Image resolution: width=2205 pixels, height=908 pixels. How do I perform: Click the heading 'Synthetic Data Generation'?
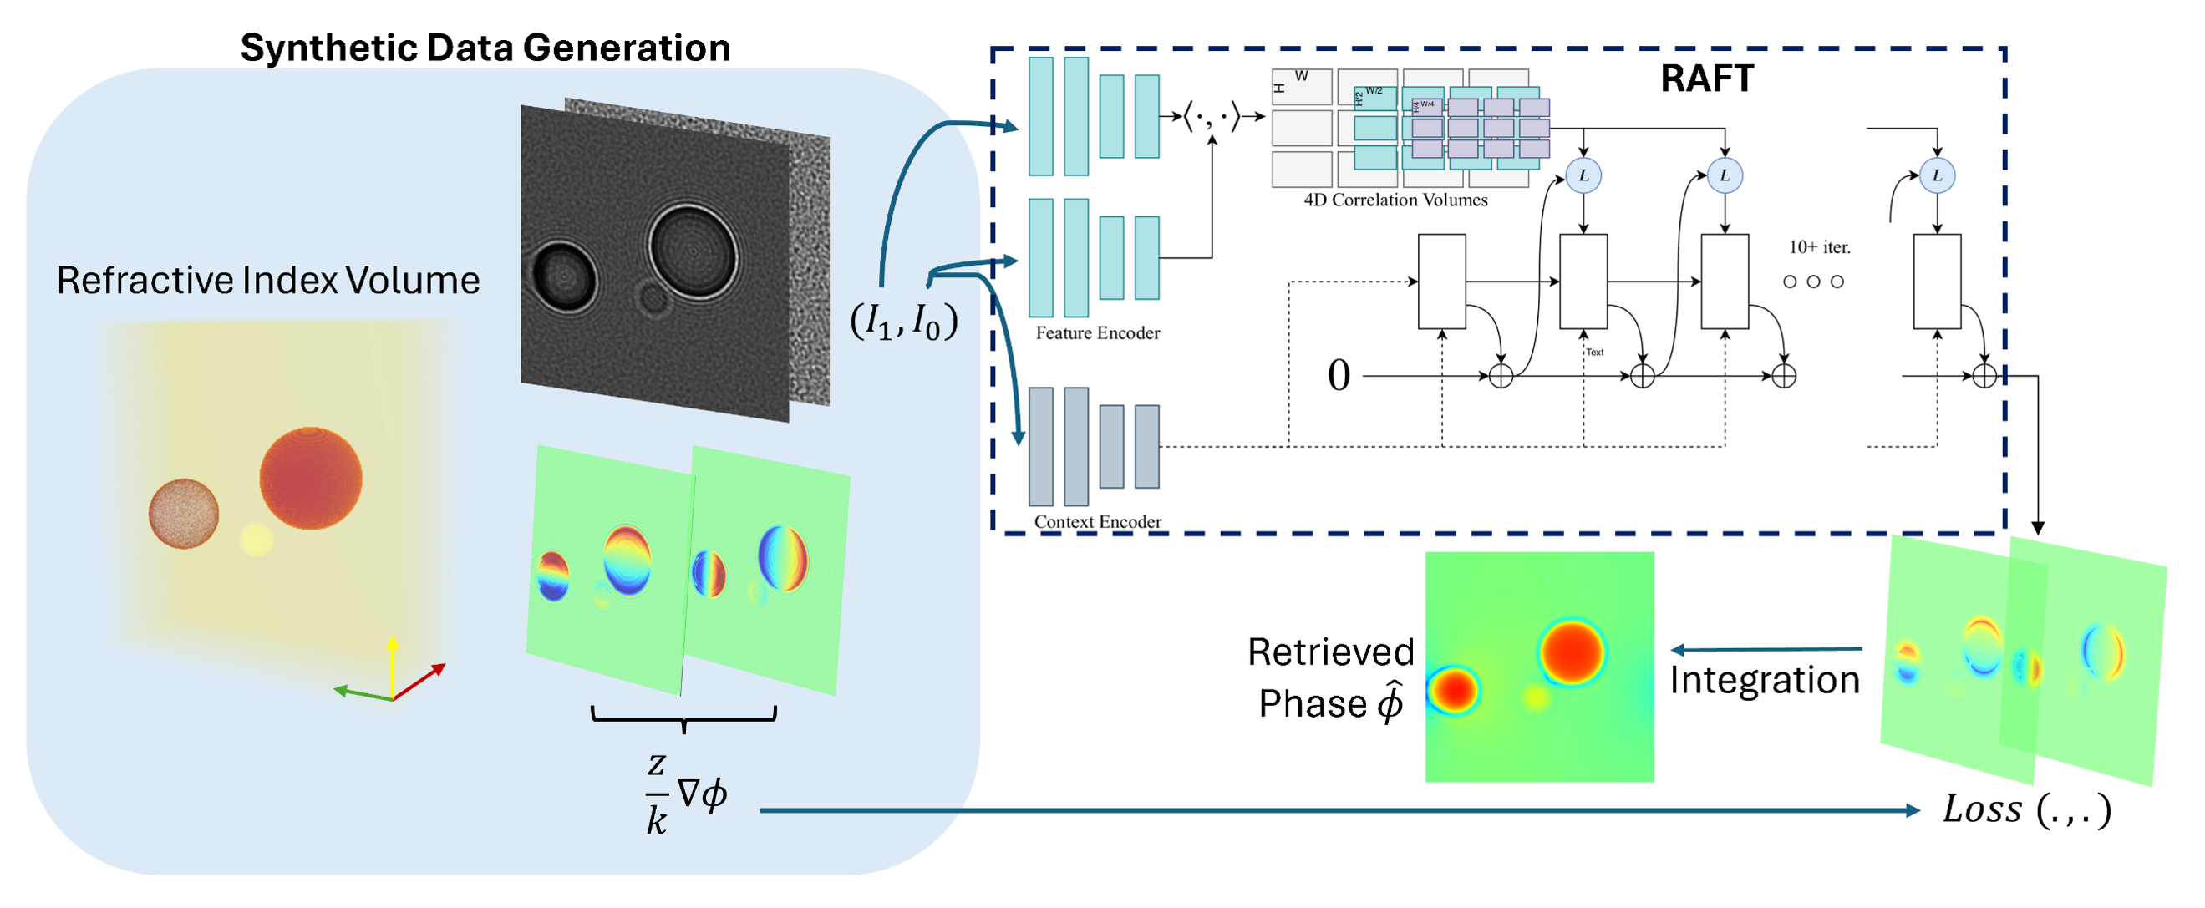pos(485,48)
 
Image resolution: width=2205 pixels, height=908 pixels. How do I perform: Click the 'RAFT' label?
pos(1707,79)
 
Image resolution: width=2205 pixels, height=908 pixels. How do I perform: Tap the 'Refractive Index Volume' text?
pos(268,281)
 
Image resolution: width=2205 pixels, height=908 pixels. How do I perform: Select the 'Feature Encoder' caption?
pos(1097,333)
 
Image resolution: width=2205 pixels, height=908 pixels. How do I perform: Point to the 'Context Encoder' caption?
pos(1097,522)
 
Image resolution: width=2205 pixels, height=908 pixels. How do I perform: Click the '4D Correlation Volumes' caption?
pos(1395,200)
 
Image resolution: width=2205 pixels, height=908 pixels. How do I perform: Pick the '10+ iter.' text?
pos(1819,247)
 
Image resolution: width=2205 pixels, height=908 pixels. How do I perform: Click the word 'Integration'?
pos(1764,680)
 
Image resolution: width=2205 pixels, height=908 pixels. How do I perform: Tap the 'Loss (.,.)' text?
pos(2026,809)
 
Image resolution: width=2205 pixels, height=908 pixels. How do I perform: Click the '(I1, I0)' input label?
pos(903,322)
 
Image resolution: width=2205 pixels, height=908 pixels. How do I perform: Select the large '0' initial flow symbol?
pos(1339,376)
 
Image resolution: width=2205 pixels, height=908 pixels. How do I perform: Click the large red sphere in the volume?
pos(311,479)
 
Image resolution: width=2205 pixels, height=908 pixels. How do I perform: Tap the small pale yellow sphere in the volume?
pos(256,540)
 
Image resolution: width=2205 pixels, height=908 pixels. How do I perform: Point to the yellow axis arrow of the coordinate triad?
pos(392,663)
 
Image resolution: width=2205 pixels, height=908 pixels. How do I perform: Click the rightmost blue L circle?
pos(1937,175)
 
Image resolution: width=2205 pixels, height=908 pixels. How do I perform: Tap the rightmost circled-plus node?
pos(1984,376)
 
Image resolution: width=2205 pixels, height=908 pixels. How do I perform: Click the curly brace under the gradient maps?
pos(683,718)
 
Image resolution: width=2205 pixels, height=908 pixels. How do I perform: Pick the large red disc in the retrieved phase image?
pos(1572,652)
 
